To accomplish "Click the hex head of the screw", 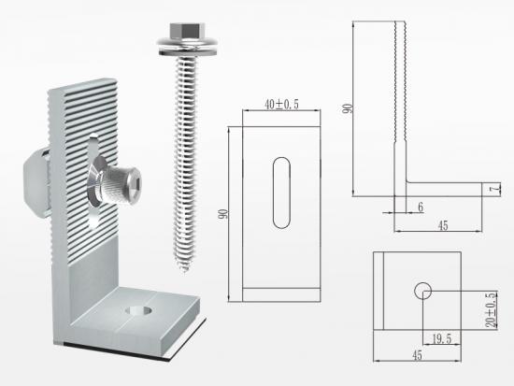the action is pos(186,30).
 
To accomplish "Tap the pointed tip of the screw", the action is pos(184,270).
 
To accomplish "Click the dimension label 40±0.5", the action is pos(281,105).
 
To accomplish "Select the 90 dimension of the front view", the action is pos(223,214).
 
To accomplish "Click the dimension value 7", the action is pos(496,189).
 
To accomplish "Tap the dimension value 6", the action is pos(421,207).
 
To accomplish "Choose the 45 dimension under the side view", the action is pos(443,225).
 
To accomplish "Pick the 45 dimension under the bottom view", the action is pos(417,355).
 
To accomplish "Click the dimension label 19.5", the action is pos(442,338).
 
